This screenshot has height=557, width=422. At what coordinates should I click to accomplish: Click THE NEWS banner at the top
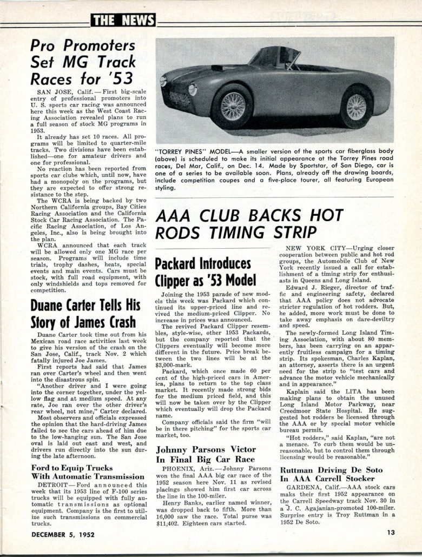click(x=123, y=21)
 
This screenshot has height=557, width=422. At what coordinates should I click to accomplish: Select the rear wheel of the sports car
click(x=357, y=107)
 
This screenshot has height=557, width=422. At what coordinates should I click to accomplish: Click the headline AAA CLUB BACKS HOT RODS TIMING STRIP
click(x=249, y=223)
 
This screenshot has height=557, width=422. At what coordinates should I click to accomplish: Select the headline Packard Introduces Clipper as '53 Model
click(x=203, y=273)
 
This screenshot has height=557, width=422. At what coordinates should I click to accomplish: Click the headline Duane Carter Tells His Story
click(x=84, y=313)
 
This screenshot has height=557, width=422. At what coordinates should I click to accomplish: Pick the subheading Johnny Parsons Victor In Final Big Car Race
click(x=206, y=454)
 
